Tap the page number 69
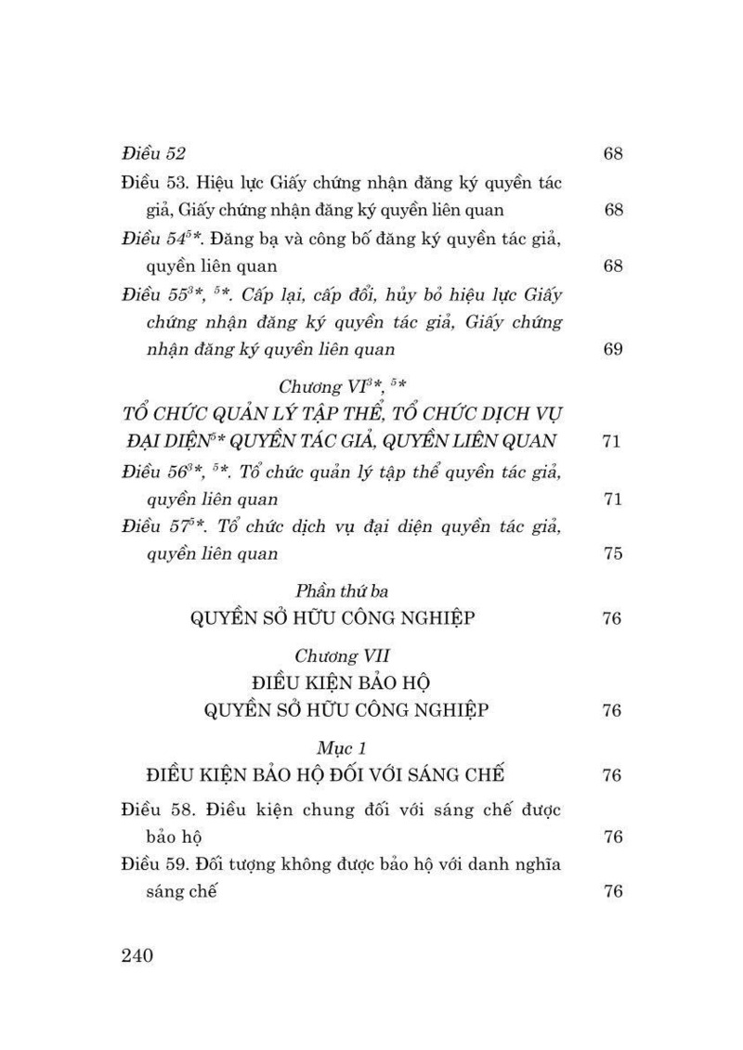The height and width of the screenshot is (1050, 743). (x=612, y=349)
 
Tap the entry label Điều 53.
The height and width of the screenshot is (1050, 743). (x=156, y=182)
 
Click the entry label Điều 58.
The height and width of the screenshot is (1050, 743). (x=156, y=810)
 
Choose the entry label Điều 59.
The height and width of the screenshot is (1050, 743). (x=156, y=864)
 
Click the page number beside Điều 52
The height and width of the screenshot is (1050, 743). (x=612, y=153)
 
